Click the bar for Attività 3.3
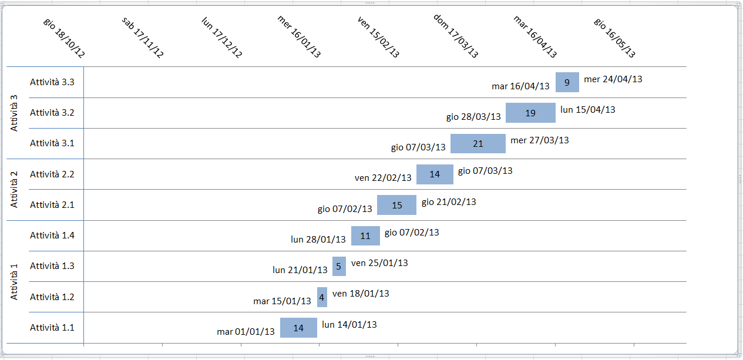(x=567, y=82)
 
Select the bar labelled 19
(x=530, y=113)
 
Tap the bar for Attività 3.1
(x=478, y=144)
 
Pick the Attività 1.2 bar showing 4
(x=322, y=297)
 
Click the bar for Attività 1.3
(x=338, y=266)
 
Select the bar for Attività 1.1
(x=298, y=328)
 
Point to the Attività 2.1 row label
(x=52, y=205)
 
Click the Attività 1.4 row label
(x=52, y=235)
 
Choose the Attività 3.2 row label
(x=52, y=113)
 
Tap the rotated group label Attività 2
(x=15, y=190)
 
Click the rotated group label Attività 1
(x=15, y=282)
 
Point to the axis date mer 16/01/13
(x=299, y=36)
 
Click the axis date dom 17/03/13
(x=456, y=36)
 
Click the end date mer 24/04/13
(x=613, y=79)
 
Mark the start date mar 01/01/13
(x=246, y=332)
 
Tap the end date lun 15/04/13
(x=587, y=109)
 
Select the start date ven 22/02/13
(x=383, y=178)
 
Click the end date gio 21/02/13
(x=449, y=202)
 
